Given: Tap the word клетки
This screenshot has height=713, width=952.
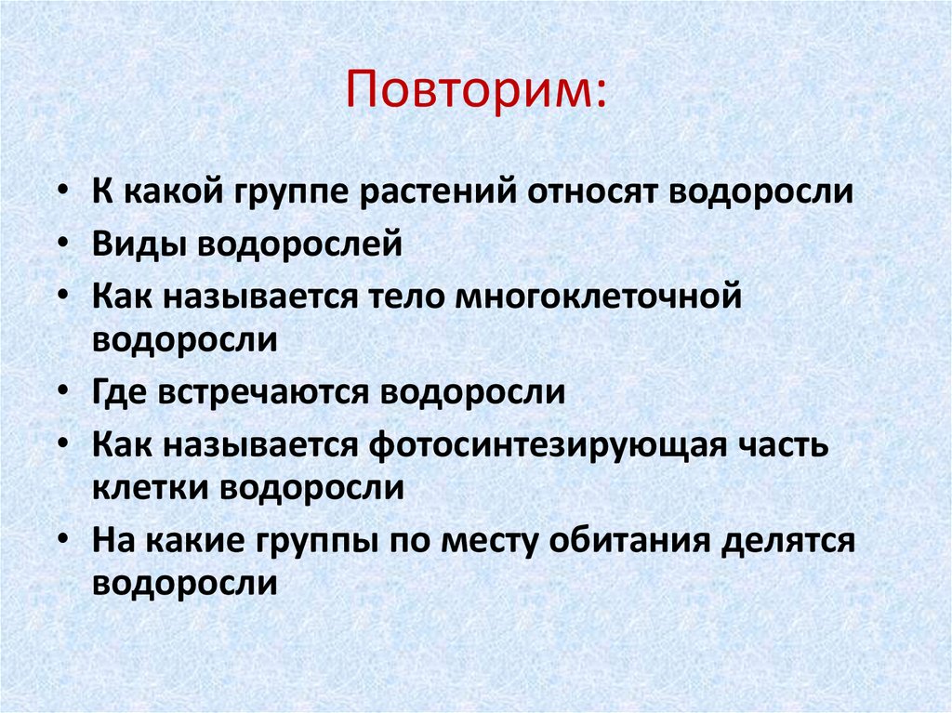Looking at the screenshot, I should coord(150,488).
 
